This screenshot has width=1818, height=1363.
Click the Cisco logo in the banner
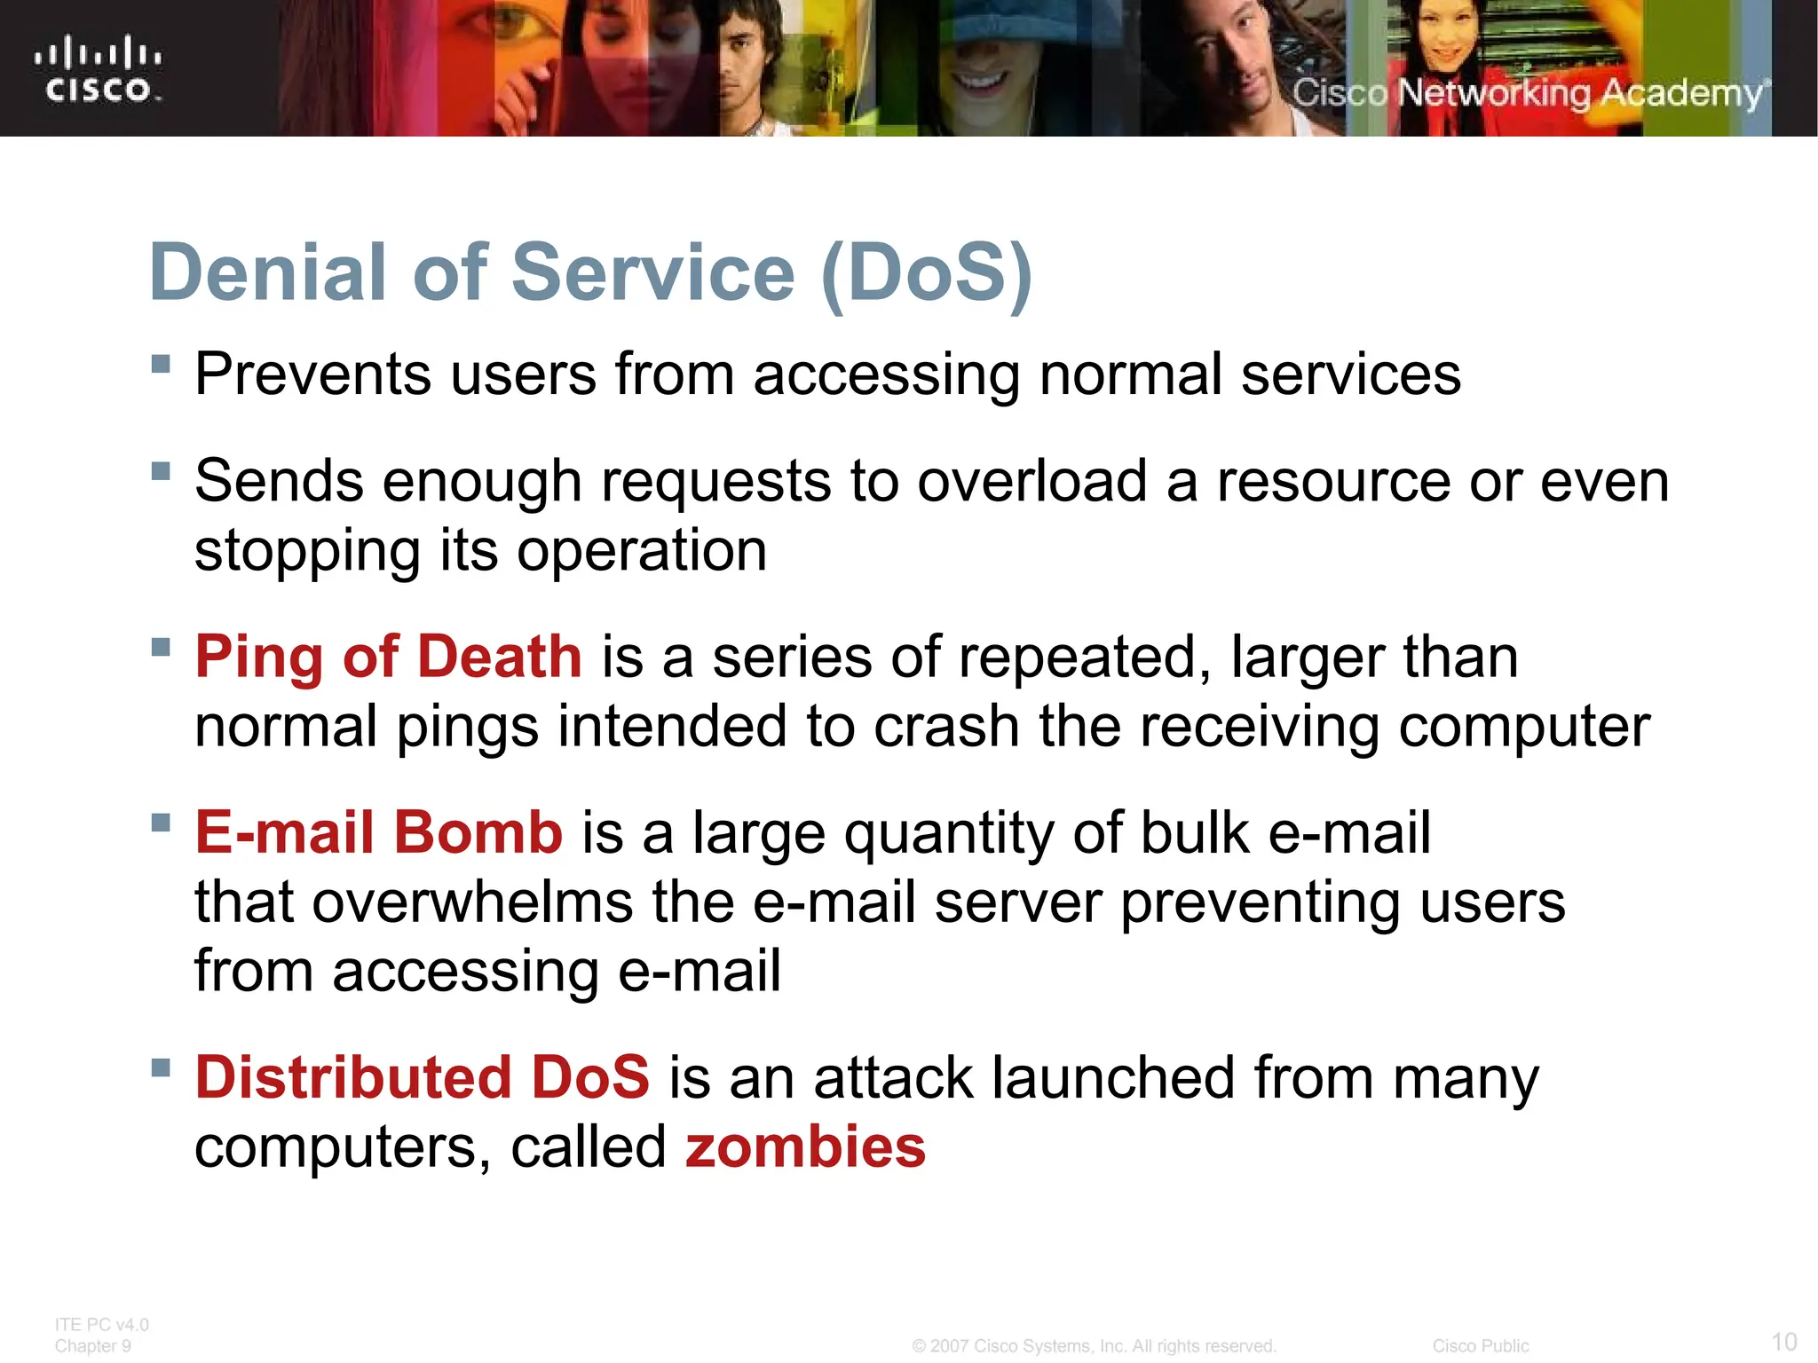[98, 69]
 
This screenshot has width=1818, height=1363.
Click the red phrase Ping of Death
[388, 657]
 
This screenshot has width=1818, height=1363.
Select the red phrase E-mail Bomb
[379, 832]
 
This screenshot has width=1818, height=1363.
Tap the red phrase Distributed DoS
[423, 1077]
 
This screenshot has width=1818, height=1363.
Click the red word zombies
[805, 1146]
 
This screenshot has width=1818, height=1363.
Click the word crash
[946, 727]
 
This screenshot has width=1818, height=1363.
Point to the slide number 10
[1783, 1341]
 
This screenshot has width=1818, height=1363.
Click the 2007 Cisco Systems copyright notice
[1094, 1346]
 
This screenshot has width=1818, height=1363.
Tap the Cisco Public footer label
[1480, 1346]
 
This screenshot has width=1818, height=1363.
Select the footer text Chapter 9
[92, 1346]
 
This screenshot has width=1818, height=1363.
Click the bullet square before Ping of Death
[161, 646]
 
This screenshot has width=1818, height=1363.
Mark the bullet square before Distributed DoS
[161, 1067]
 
